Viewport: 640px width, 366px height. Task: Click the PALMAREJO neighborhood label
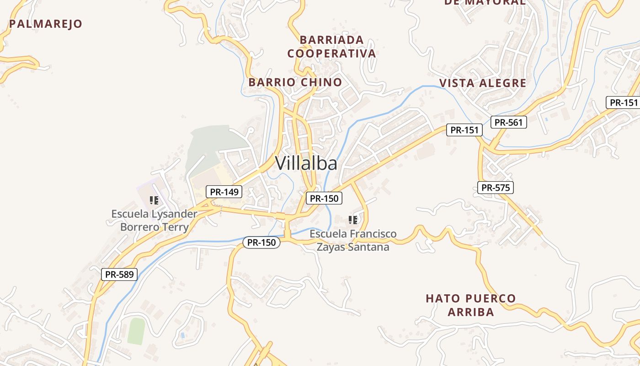(46, 24)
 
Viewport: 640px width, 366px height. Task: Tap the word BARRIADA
(332, 40)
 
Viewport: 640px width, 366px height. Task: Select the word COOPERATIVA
(332, 54)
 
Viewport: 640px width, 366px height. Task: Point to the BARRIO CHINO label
(295, 82)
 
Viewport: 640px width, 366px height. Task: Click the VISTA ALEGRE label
(483, 83)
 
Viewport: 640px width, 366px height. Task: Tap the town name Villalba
(306, 163)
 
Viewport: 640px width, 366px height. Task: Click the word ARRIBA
(471, 312)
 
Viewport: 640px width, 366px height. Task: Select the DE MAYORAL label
(485, 2)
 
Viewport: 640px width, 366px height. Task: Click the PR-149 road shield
(224, 192)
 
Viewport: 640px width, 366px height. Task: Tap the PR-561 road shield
(508, 122)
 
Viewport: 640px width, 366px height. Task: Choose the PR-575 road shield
(496, 187)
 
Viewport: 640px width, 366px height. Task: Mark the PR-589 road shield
(119, 274)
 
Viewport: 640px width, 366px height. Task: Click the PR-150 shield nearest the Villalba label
(324, 198)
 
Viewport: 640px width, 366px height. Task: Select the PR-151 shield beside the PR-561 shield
(464, 130)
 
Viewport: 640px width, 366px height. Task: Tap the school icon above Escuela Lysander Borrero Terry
(154, 200)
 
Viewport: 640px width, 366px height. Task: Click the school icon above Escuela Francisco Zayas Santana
(353, 220)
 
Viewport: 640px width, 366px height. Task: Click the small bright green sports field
(136, 331)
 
